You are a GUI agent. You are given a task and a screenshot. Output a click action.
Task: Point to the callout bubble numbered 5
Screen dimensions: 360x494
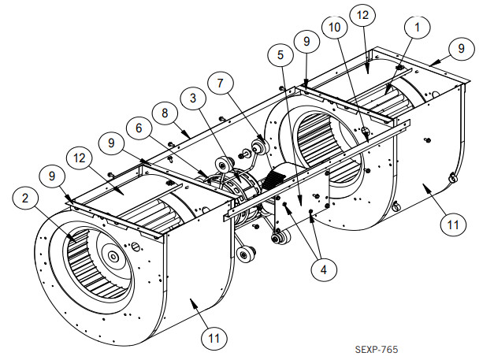click(x=280, y=56)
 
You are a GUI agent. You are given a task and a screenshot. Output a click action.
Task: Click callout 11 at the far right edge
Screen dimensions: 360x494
click(x=451, y=225)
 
